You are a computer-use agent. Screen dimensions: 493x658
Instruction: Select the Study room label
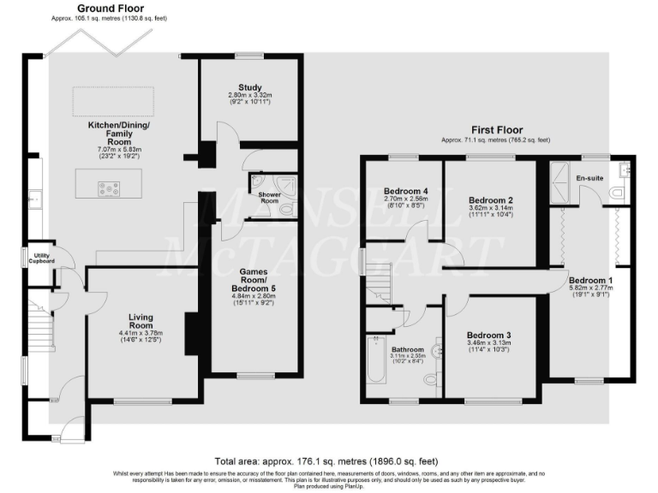point(249,86)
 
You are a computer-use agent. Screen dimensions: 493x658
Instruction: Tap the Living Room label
point(141,320)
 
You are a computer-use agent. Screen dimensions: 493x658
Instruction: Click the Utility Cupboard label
point(40,258)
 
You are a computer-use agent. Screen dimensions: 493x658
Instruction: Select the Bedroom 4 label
point(405,190)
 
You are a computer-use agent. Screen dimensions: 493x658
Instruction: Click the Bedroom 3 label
point(489,335)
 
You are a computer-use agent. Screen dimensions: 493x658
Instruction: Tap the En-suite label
point(589,177)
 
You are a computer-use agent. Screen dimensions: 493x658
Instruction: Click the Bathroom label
point(408,349)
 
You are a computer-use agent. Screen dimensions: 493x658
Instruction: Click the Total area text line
point(328,460)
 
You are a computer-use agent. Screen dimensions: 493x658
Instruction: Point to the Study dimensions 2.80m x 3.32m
point(249,94)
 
